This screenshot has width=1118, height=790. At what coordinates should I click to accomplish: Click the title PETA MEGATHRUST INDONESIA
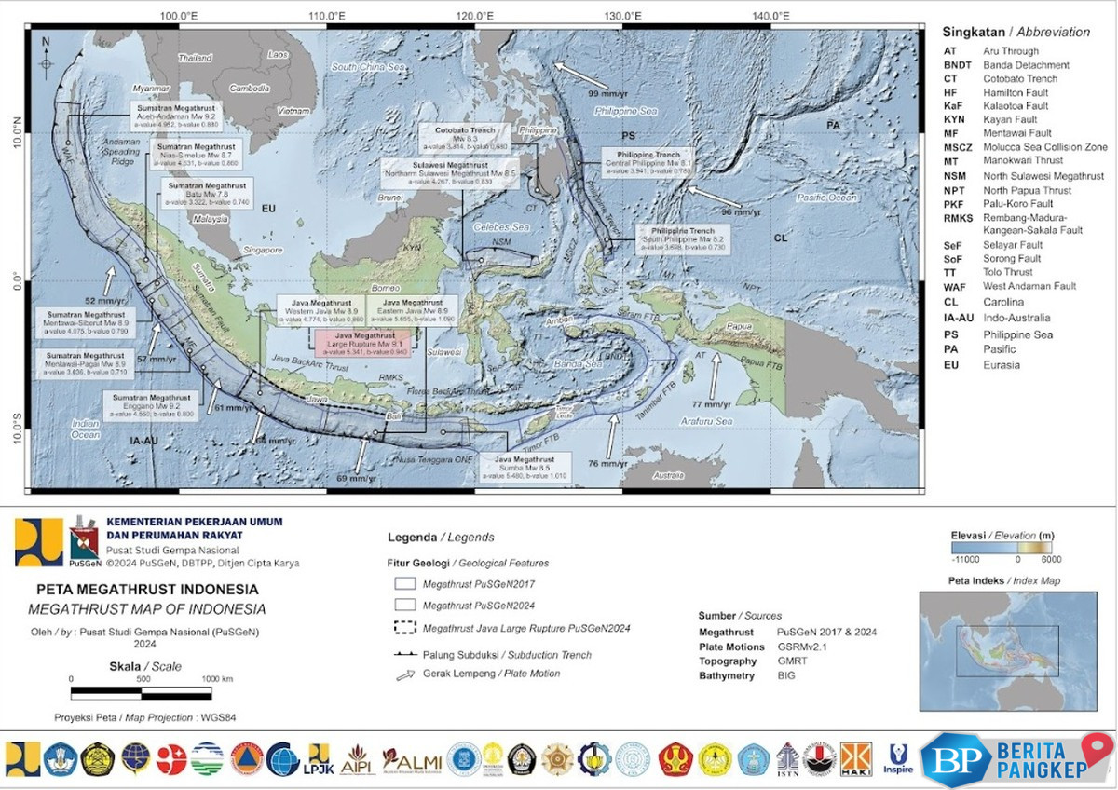(147, 590)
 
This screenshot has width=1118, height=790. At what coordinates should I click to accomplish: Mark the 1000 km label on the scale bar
(217, 679)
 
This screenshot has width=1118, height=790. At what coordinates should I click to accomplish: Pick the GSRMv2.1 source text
(803, 647)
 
